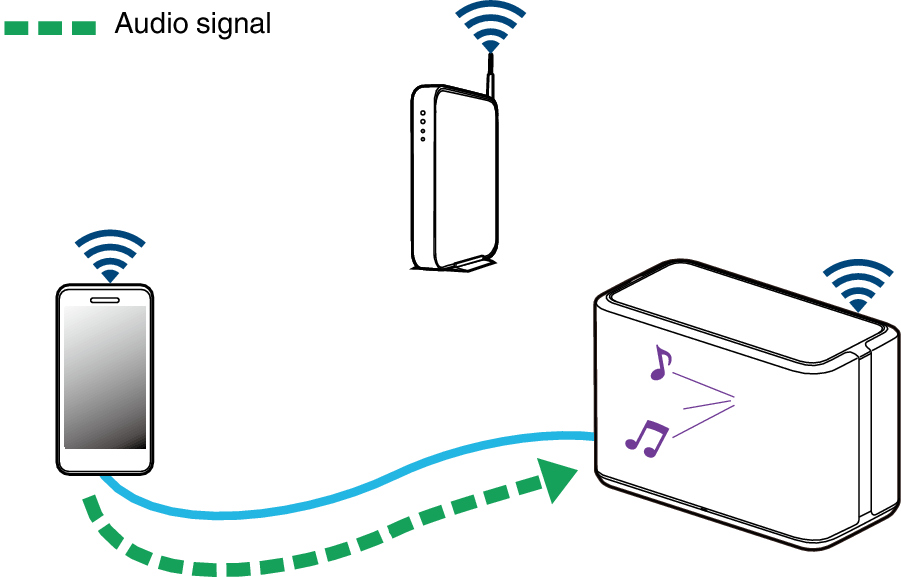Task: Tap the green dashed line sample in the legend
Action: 50,28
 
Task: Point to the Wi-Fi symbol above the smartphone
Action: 109,255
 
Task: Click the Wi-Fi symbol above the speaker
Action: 856,285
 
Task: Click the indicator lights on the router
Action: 423,125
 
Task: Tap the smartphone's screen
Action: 105,376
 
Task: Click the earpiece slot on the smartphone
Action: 105,298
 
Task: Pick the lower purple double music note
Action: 646,437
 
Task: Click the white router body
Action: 455,180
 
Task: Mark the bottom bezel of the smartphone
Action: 105,460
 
